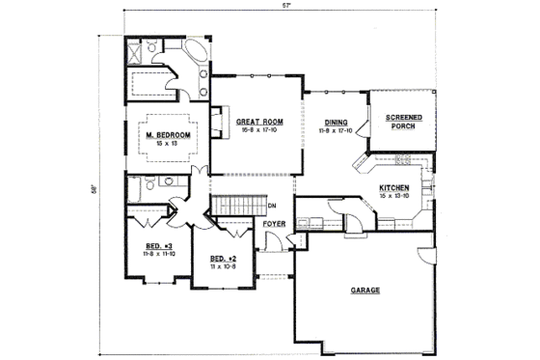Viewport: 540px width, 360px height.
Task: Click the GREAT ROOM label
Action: [x=257, y=122]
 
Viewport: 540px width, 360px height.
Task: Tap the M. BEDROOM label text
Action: [x=166, y=135]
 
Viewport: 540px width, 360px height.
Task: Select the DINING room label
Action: [x=336, y=122]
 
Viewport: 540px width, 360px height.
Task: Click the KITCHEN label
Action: [x=394, y=187]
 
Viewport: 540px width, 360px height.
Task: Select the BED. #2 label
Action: [x=224, y=258]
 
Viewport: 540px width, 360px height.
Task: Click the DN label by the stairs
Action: [x=273, y=206]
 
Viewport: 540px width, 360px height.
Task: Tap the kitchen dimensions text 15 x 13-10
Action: [x=394, y=195]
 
